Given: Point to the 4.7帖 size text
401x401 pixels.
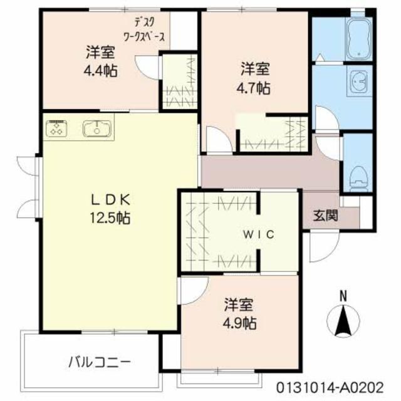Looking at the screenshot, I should pyautogui.click(x=254, y=88).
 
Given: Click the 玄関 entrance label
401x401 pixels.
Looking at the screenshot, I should pyautogui.click(x=325, y=217).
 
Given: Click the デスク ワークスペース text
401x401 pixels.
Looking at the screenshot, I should pyautogui.click(x=145, y=31).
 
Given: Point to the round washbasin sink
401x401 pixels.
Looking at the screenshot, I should pyautogui.click(x=360, y=82).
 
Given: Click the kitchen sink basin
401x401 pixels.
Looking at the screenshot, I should pyautogui.click(x=97, y=128).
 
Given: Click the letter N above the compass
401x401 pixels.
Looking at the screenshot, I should pyautogui.click(x=343, y=295).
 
